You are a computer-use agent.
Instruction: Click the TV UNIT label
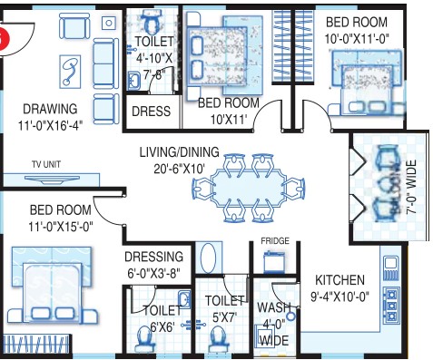click(46, 164)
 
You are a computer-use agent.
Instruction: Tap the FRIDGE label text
click(275, 241)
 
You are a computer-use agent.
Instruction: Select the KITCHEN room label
click(340, 280)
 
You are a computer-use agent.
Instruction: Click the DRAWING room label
click(50, 109)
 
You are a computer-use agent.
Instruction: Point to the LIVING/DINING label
click(179, 152)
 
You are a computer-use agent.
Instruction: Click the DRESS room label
click(151, 112)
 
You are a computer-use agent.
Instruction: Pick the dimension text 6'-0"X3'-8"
click(153, 274)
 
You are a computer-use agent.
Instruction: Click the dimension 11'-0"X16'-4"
click(50, 125)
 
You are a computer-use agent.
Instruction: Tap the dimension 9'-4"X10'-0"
click(340, 297)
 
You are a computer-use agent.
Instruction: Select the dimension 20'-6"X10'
click(179, 169)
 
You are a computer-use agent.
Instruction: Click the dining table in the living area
click(249, 188)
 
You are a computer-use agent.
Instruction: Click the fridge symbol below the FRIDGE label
click(274, 261)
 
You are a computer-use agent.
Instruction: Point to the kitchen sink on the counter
click(390, 268)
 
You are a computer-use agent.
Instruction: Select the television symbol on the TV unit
click(52, 180)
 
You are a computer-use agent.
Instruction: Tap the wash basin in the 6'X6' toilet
click(184, 299)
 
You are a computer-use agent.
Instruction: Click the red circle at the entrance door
click(4, 40)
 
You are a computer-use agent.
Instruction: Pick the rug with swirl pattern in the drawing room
click(70, 72)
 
